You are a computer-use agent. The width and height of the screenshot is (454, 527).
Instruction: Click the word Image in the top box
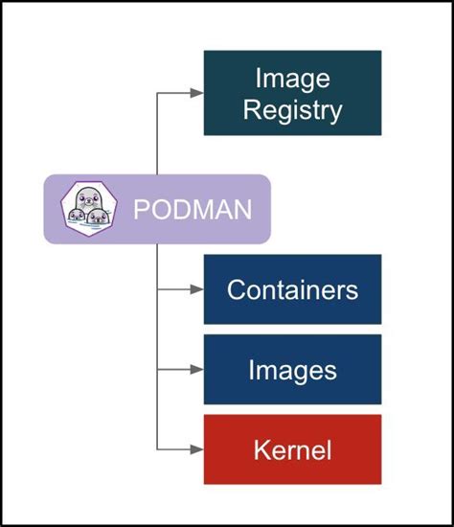click(x=292, y=78)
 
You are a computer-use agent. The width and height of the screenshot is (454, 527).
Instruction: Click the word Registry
click(x=292, y=109)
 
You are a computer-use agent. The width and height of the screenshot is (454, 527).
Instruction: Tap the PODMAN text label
click(x=193, y=208)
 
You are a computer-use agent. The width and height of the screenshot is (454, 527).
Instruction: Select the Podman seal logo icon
click(x=86, y=208)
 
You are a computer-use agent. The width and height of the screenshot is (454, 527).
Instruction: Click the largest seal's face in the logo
click(x=87, y=199)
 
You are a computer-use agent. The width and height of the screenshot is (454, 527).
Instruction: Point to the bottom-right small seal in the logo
click(x=98, y=218)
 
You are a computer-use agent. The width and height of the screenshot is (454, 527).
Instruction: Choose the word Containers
click(x=292, y=289)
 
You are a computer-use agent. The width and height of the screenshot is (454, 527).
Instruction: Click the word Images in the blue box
click(x=292, y=370)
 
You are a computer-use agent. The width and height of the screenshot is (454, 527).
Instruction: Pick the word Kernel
click(x=292, y=449)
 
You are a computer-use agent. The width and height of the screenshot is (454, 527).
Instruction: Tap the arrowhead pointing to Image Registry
click(x=196, y=93)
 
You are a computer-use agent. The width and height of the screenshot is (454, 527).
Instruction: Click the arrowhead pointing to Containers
click(x=196, y=289)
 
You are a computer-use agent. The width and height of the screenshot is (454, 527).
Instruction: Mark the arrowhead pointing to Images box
click(x=196, y=369)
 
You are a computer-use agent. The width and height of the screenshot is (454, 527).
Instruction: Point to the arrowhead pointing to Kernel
click(x=196, y=449)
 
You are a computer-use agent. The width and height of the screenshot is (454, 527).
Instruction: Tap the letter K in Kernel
click(x=260, y=449)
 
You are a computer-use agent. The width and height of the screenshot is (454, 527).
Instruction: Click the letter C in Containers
click(x=236, y=289)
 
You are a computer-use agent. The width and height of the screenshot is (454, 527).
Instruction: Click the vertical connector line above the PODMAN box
click(x=157, y=134)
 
